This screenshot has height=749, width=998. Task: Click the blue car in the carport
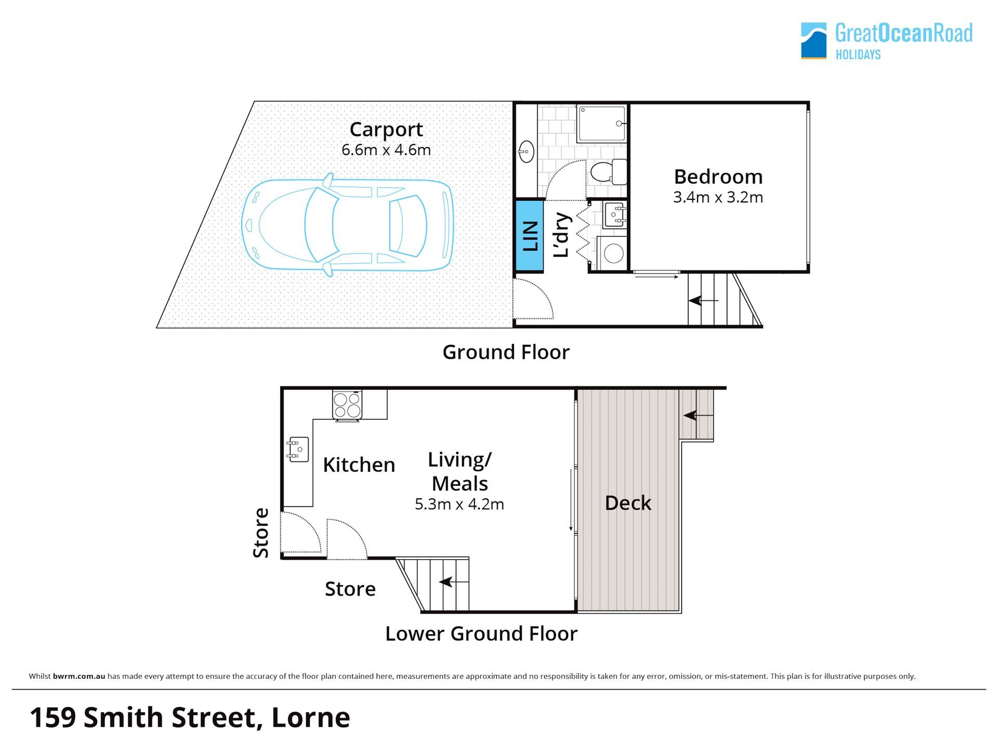(x=347, y=225)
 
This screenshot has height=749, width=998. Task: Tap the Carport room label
(x=386, y=130)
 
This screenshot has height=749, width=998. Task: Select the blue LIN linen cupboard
(x=529, y=236)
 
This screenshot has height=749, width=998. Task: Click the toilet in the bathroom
(x=609, y=171)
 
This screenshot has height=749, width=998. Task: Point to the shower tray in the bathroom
(x=601, y=124)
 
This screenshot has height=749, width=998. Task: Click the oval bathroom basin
(x=526, y=152)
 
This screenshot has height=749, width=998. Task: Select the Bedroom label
(x=718, y=177)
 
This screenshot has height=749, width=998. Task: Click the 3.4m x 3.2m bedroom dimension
(x=718, y=198)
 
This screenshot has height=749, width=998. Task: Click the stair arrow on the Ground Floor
(x=703, y=301)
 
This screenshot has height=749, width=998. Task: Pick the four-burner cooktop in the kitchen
(x=347, y=405)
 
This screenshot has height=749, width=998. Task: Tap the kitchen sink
(x=298, y=449)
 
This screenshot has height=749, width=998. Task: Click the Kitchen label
(x=359, y=465)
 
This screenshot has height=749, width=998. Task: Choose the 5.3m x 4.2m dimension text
(x=459, y=505)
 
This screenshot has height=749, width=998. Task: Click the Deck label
(x=628, y=503)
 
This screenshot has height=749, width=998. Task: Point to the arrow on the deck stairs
(x=698, y=415)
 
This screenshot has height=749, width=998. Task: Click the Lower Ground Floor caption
(x=481, y=634)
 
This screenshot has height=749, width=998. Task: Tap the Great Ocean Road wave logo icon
(x=813, y=41)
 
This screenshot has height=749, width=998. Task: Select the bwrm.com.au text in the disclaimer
(x=79, y=676)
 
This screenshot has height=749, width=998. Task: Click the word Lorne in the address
(x=311, y=717)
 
